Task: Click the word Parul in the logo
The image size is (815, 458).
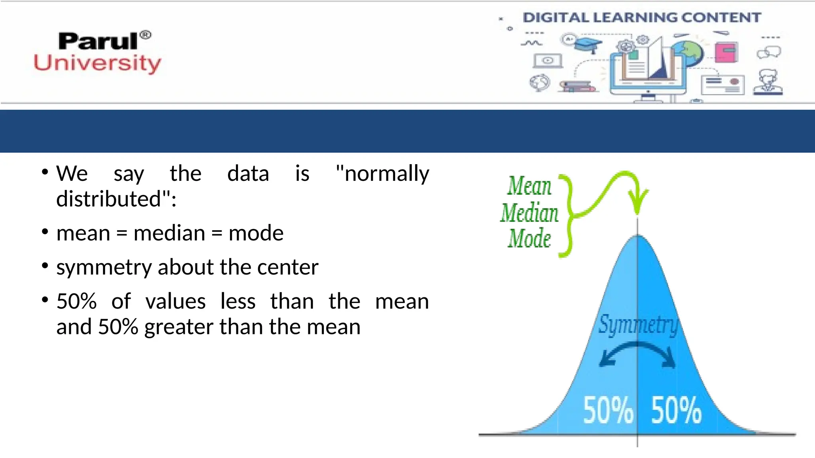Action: click(98, 41)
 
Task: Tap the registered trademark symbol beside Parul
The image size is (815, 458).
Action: click(146, 35)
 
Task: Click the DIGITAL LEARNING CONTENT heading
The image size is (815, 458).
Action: click(641, 17)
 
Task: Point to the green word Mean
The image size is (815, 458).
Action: click(529, 186)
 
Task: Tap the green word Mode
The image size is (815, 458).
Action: click(529, 239)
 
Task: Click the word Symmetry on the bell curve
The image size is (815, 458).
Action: click(638, 325)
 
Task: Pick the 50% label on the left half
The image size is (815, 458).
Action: click(608, 410)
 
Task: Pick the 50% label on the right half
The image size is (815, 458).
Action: click(676, 410)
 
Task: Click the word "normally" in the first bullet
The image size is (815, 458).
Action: click(382, 174)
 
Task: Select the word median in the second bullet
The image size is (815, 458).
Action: click(170, 233)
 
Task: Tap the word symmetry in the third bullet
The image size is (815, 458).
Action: click(104, 268)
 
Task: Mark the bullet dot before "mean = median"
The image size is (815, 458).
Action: click(45, 232)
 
